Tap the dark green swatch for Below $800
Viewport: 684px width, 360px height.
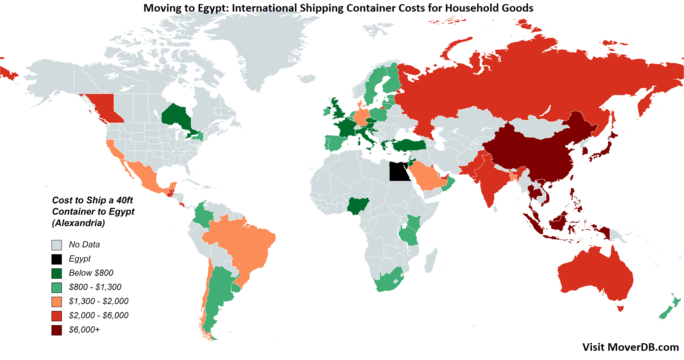(x=57, y=274)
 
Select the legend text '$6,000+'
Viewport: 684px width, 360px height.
(x=84, y=330)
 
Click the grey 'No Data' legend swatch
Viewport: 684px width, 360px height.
(x=57, y=245)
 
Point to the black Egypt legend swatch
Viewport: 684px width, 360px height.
(x=57, y=259)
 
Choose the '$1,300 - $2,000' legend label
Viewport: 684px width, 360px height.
(x=98, y=301)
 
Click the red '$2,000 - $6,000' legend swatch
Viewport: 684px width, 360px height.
(x=57, y=316)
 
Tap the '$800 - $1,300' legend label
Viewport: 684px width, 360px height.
(x=95, y=287)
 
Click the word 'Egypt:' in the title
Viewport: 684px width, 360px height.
(x=213, y=8)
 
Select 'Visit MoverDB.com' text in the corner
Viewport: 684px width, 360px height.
(x=630, y=347)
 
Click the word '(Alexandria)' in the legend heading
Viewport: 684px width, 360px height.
(x=79, y=223)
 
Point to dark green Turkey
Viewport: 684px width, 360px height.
(x=409, y=145)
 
